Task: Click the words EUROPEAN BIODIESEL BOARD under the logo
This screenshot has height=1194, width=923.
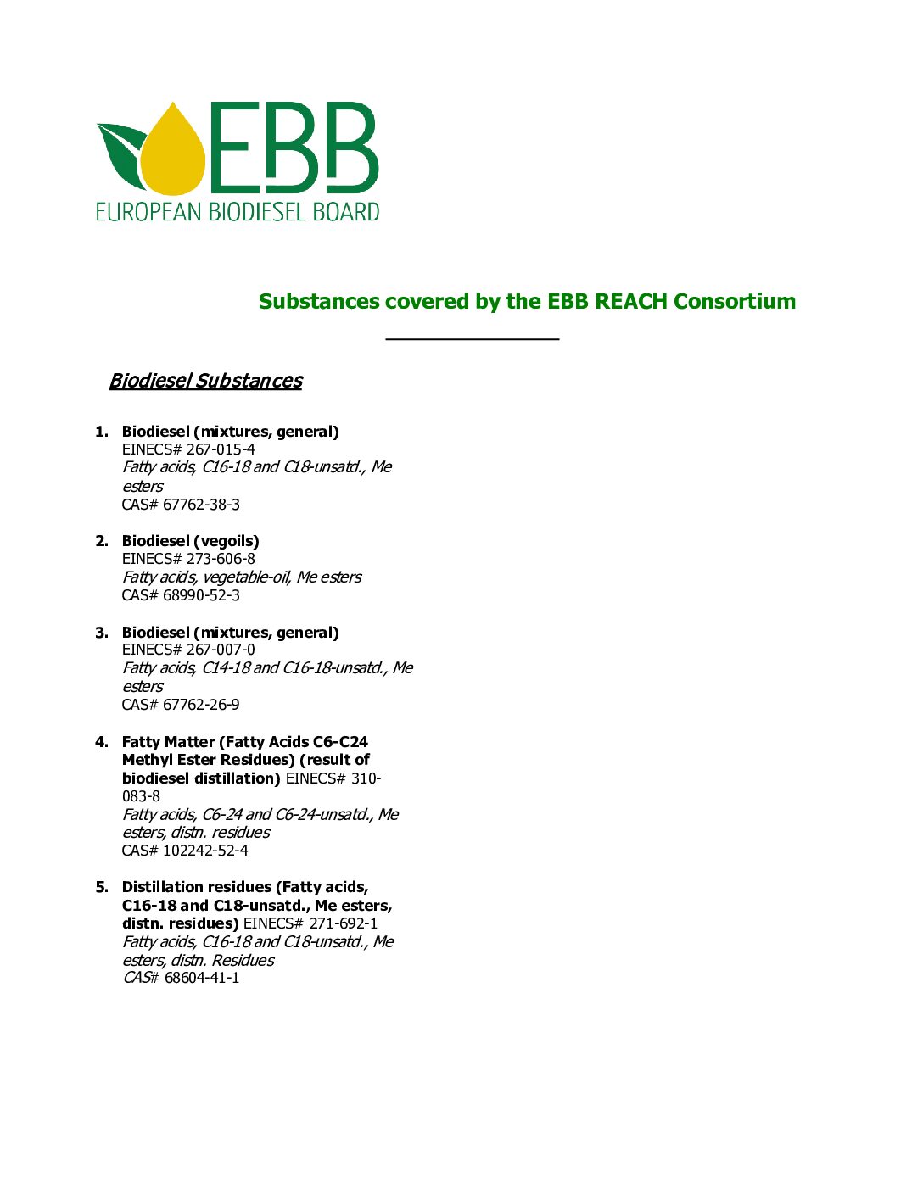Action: [x=238, y=211]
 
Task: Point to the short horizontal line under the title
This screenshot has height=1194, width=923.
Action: [x=472, y=338]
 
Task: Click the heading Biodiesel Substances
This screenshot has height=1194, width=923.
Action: [x=205, y=381]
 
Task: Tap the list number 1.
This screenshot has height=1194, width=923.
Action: [x=101, y=432]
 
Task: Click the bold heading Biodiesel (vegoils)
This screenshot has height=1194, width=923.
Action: [x=190, y=541]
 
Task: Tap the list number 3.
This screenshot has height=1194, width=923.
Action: [x=101, y=633]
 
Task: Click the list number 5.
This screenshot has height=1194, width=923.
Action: [x=101, y=887]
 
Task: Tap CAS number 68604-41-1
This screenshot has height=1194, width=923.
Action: [x=202, y=978]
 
